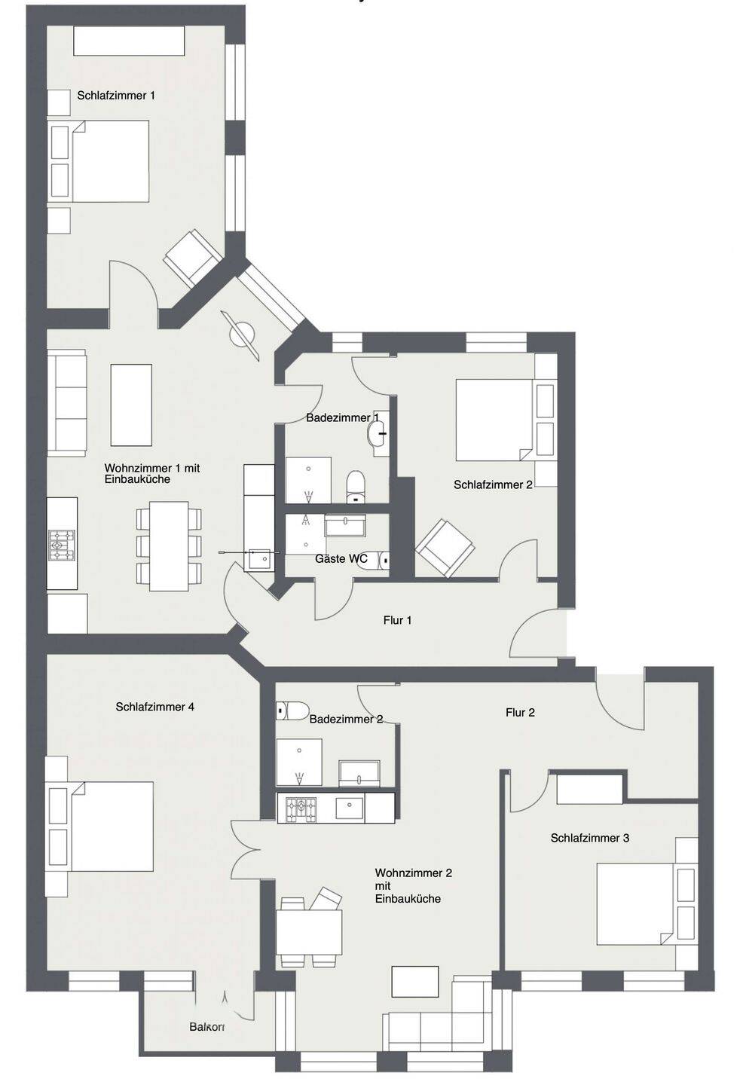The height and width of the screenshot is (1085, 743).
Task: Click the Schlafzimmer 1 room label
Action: click(x=116, y=96)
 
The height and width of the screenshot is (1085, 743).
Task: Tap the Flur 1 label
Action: click(x=397, y=620)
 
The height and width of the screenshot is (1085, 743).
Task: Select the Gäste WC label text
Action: click(x=341, y=558)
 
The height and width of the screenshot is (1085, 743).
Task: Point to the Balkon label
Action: click(x=206, y=1026)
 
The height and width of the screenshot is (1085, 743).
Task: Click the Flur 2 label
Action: click(x=520, y=713)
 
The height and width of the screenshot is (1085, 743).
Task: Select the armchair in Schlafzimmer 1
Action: click(x=193, y=258)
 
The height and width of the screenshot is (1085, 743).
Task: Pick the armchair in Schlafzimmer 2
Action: click(x=445, y=549)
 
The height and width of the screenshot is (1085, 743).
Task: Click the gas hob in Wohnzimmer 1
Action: click(x=62, y=546)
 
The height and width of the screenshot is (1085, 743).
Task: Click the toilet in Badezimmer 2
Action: click(x=292, y=711)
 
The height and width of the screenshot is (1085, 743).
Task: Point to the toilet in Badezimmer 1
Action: click(x=356, y=486)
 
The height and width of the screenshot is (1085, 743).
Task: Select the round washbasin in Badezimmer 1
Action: click(x=377, y=433)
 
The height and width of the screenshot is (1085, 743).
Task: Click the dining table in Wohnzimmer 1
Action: click(x=169, y=546)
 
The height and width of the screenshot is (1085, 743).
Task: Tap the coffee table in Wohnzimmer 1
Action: click(x=131, y=405)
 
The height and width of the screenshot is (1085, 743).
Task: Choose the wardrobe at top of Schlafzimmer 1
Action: click(x=129, y=41)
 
